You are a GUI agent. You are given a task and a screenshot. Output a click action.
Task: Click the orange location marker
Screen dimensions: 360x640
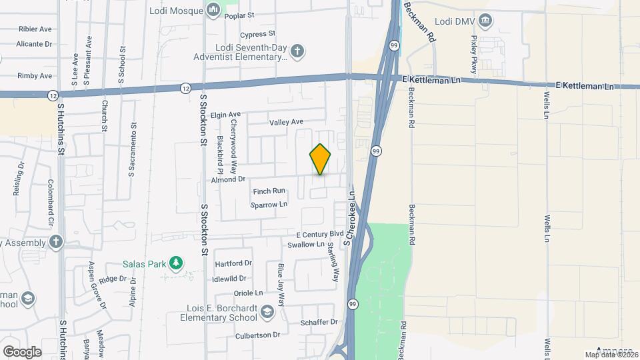click(x=320, y=159)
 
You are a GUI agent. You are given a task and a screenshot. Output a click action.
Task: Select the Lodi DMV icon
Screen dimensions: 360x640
click(x=486, y=21)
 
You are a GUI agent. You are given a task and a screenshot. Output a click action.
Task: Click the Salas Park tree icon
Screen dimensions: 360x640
click(x=176, y=263)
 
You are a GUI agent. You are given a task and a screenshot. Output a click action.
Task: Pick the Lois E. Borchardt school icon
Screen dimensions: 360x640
click(x=267, y=311)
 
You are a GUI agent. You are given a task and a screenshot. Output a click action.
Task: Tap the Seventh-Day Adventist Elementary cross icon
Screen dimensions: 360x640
click(x=297, y=51)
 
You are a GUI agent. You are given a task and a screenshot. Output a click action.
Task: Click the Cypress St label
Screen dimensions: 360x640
click(x=258, y=33)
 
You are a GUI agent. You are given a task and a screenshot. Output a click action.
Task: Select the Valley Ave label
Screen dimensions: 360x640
click(x=286, y=122)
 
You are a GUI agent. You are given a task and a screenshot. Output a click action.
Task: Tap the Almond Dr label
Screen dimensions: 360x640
click(x=229, y=179)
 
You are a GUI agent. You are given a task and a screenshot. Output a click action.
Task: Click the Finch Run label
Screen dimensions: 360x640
click(x=269, y=191)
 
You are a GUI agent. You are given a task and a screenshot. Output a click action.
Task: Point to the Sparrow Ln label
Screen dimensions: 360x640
click(x=268, y=205)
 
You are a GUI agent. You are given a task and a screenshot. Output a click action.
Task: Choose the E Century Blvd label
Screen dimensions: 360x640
click(x=320, y=235)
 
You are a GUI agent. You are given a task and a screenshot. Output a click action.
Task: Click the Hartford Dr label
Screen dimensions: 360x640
click(x=233, y=263)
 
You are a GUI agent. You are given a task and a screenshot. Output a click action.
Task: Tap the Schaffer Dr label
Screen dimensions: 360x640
click(x=319, y=322)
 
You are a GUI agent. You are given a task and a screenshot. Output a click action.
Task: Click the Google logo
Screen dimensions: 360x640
click(x=22, y=351)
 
